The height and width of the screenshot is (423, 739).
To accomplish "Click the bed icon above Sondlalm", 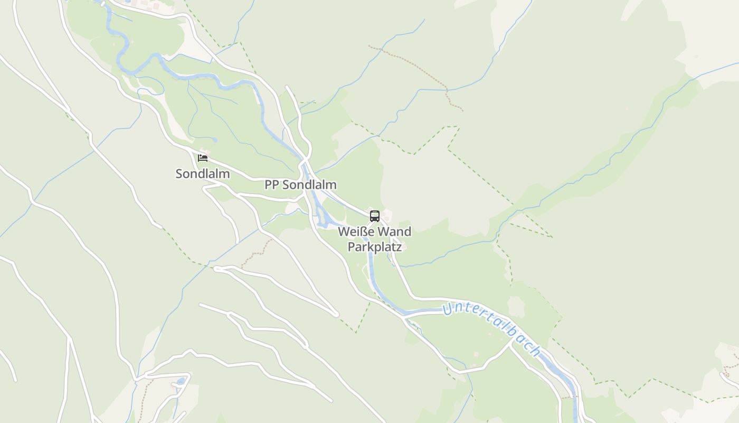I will coord(203,158).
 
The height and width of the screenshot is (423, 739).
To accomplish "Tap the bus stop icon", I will coord(375,216).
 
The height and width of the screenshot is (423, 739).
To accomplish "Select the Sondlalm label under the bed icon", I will coord(203,173).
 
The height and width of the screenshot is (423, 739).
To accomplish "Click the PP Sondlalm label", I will coord(300,185).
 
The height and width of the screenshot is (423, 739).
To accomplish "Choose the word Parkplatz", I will coord(375,246).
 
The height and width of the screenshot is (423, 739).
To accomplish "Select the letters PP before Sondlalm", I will coord(271,185).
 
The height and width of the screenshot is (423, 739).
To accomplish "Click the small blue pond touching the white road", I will coord(181,381).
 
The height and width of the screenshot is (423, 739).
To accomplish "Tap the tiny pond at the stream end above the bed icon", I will coord(215,140).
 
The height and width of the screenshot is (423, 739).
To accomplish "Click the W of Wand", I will coord(385,232).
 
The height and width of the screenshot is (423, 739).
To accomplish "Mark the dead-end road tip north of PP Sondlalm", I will coord(287,87).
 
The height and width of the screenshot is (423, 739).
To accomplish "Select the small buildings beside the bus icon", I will coord(386,214).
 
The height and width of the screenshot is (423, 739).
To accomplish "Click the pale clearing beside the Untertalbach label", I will coord(516,305).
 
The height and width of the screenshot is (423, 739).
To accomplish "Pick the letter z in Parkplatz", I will coord(399,246).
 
